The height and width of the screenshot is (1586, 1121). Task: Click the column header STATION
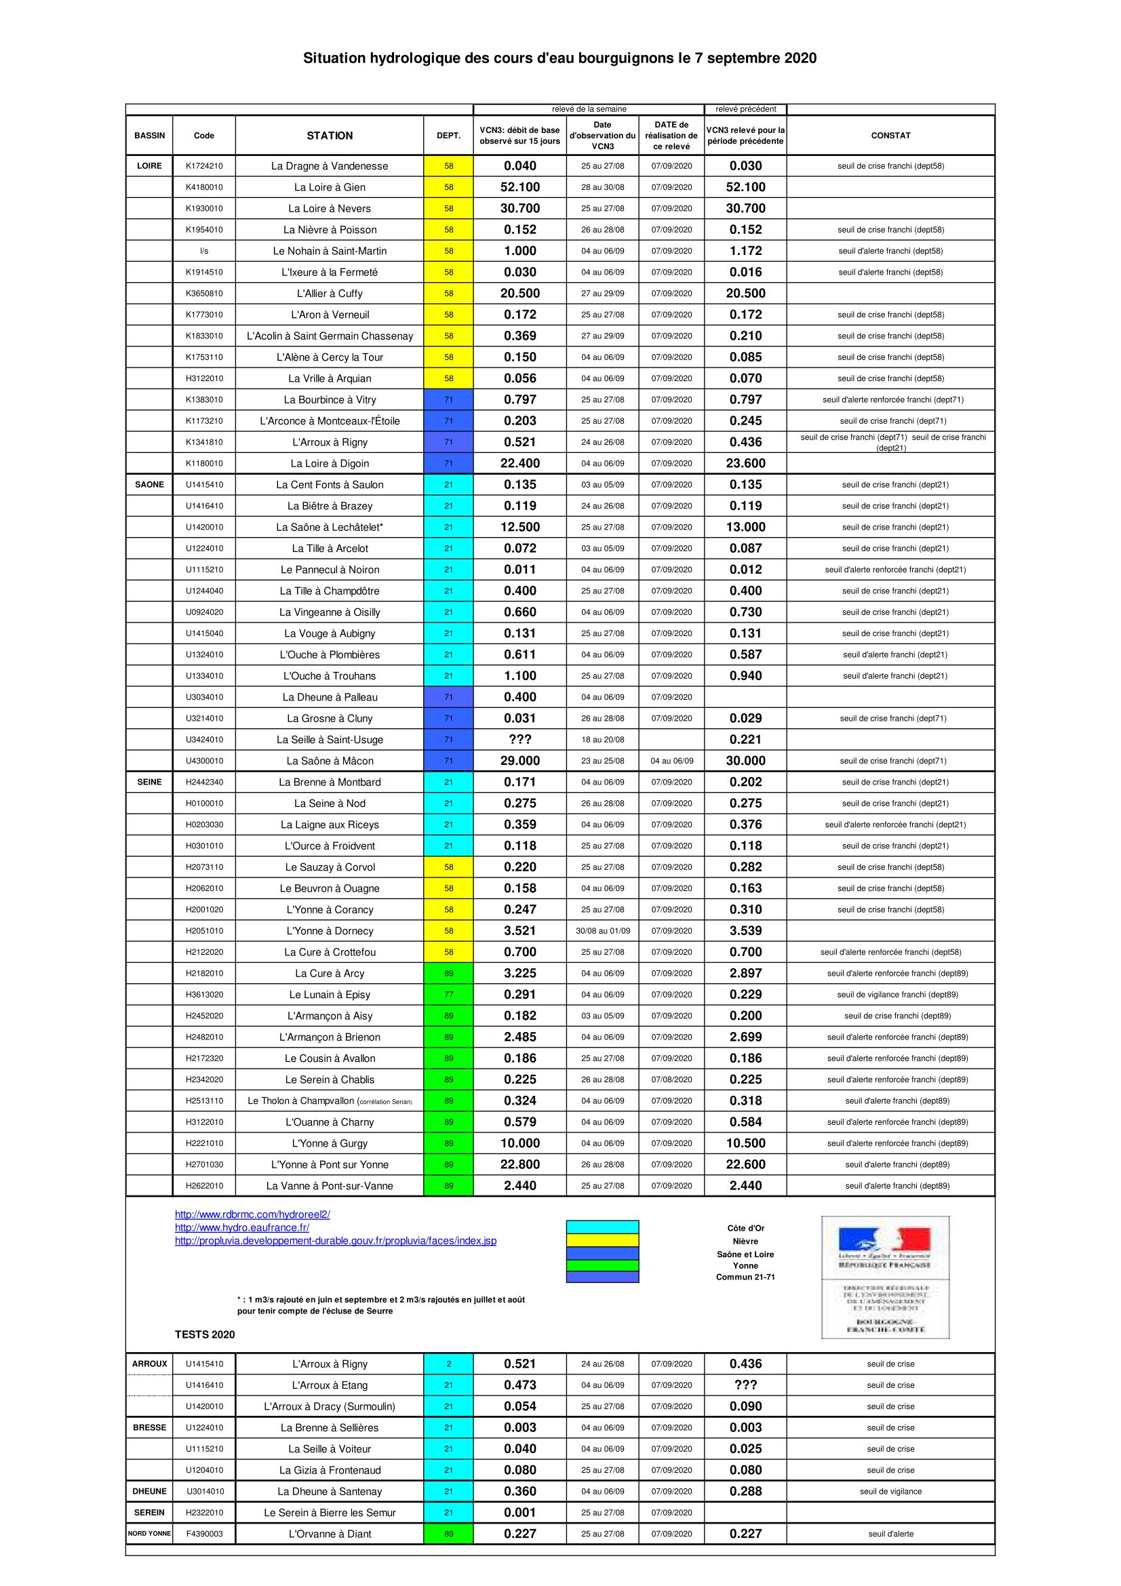tap(330, 136)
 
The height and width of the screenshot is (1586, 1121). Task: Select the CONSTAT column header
tap(890, 136)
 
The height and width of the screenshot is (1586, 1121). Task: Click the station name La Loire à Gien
tap(330, 187)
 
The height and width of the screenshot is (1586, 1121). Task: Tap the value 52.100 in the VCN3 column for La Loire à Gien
tap(519, 187)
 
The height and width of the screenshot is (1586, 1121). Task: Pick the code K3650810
tap(203, 294)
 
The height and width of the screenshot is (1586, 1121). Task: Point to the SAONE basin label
tap(149, 485)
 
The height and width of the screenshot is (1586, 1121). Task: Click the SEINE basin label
tap(149, 782)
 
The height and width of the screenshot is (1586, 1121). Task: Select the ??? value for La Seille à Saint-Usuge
tap(519, 740)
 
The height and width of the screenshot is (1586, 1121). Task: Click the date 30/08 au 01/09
tap(602, 931)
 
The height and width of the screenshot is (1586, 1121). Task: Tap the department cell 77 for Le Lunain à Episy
tap(448, 995)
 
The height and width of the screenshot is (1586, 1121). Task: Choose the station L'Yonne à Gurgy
tap(330, 1143)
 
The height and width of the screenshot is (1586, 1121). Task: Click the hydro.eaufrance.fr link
tap(241, 1228)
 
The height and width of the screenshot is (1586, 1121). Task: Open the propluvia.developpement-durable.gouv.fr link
tap(335, 1242)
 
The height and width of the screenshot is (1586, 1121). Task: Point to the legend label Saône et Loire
tap(745, 1254)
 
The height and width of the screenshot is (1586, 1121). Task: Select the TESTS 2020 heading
tap(204, 1334)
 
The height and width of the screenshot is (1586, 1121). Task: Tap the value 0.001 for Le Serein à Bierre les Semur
tap(519, 1513)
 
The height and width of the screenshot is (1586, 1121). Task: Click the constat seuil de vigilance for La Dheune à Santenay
tap(890, 1491)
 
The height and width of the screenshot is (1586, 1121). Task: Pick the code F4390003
tap(203, 1534)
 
